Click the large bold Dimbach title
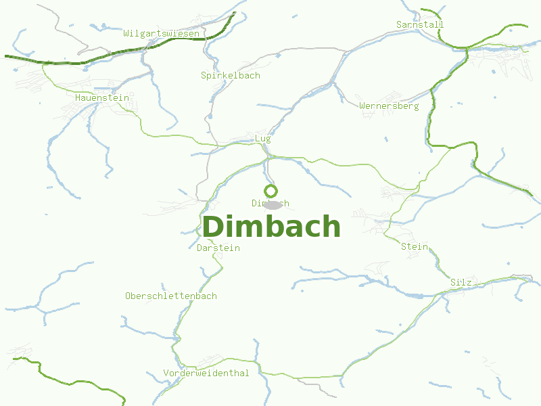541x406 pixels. (x=271, y=227)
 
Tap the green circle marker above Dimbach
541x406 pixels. (x=270, y=191)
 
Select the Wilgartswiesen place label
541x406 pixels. (x=161, y=33)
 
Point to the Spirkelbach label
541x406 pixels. (x=230, y=75)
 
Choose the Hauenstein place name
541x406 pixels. (x=101, y=97)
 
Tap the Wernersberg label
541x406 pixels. (x=389, y=106)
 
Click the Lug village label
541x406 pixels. (x=262, y=138)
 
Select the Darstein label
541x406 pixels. (x=218, y=248)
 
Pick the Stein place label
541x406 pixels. (x=414, y=246)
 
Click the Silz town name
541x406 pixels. (x=461, y=281)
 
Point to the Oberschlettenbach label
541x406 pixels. (x=170, y=296)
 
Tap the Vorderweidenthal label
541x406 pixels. (x=206, y=373)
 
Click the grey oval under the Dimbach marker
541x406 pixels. (x=272, y=204)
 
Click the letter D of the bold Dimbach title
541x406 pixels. (x=214, y=227)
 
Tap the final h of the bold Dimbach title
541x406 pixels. (x=331, y=227)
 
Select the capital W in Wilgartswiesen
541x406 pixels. (x=126, y=33)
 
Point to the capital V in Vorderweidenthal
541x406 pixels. (x=166, y=373)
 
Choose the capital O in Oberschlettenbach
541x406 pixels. (x=128, y=296)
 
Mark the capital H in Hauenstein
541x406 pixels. (x=78, y=97)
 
